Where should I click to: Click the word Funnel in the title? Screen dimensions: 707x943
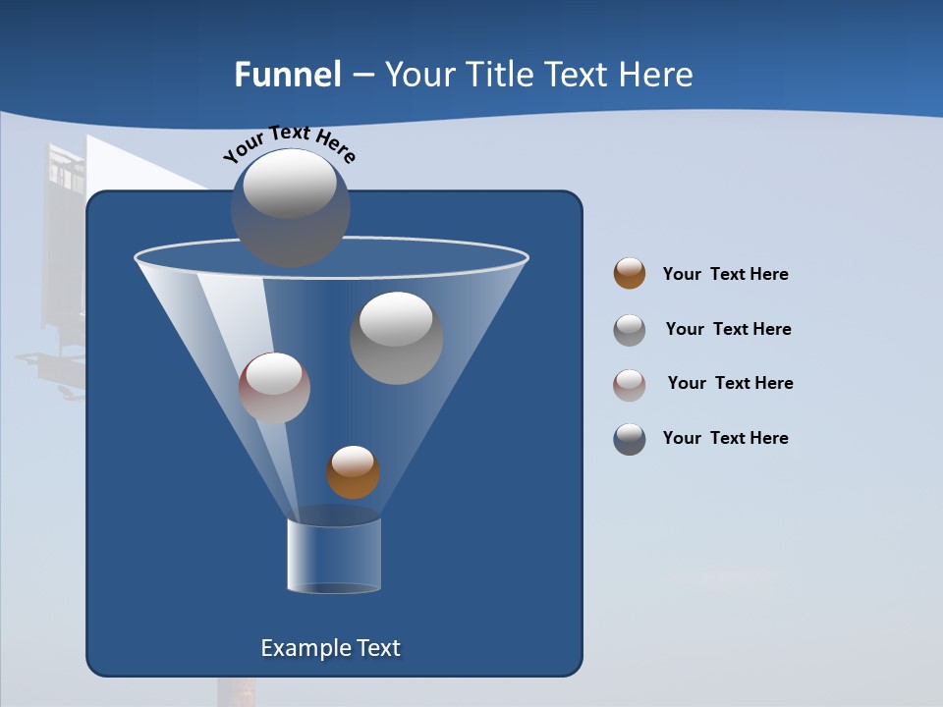(x=288, y=75)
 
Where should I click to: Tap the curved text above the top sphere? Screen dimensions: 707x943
(x=290, y=142)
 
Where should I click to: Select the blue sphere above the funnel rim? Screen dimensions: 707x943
(x=291, y=209)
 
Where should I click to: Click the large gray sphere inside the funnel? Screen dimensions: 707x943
(x=397, y=339)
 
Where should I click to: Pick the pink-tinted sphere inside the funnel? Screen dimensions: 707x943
(x=274, y=389)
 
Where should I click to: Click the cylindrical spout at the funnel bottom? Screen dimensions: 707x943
(x=334, y=555)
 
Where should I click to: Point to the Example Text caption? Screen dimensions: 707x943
(x=331, y=648)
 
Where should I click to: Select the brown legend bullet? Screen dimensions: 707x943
(x=630, y=274)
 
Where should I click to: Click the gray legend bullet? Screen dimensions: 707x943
(x=630, y=330)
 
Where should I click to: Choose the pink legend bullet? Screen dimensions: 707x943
(x=630, y=384)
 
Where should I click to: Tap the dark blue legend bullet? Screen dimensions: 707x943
(x=630, y=439)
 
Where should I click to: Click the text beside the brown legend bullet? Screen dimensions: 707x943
(x=726, y=274)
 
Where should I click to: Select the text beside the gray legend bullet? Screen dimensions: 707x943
(x=728, y=329)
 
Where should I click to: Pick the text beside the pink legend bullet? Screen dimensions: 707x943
(x=730, y=383)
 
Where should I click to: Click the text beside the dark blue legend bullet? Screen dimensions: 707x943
(x=726, y=438)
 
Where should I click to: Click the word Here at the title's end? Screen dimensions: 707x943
(x=657, y=75)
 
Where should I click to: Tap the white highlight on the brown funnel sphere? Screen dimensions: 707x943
(x=353, y=460)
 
